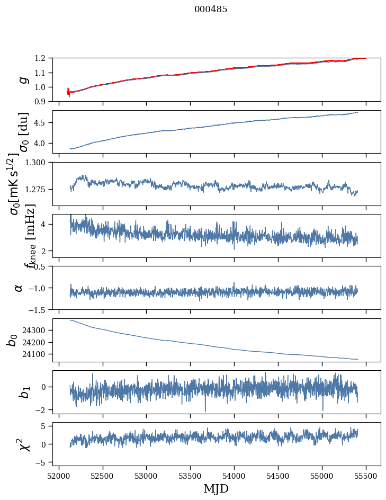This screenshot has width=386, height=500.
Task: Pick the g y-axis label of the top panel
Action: [23, 79]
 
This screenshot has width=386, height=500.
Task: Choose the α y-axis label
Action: [19, 288]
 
